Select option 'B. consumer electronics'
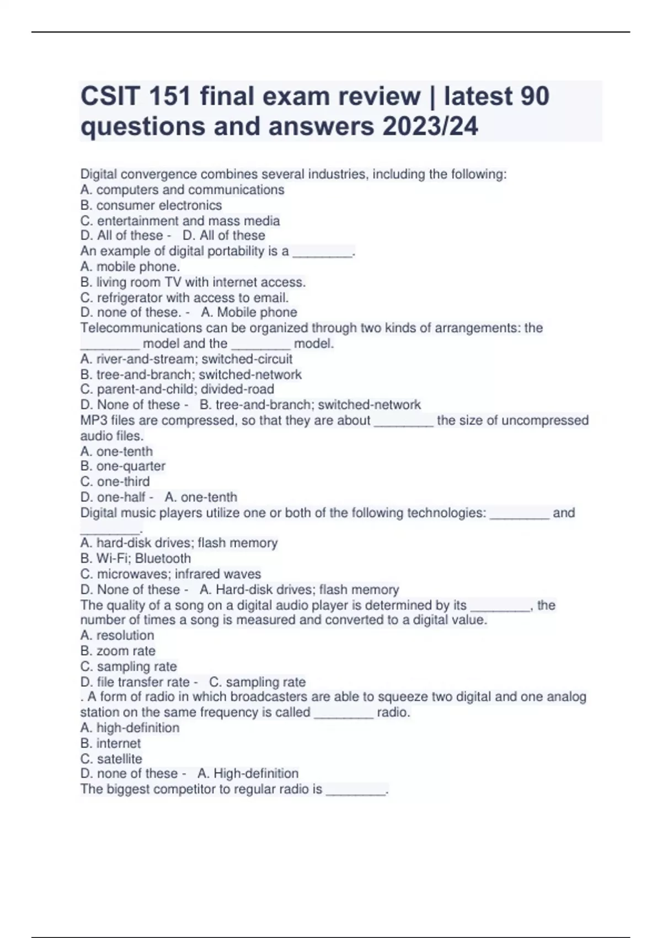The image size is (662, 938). pyautogui.click(x=151, y=205)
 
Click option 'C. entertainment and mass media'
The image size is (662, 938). pyautogui.click(x=180, y=221)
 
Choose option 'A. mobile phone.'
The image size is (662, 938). pyautogui.click(x=130, y=267)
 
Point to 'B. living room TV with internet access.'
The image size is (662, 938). pyautogui.click(x=193, y=282)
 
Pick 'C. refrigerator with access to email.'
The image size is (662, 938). pyautogui.click(x=184, y=298)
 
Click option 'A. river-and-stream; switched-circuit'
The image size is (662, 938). pyautogui.click(x=186, y=359)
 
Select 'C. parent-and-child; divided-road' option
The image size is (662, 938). pyautogui.click(x=177, y=389)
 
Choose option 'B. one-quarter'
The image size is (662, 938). pyautogui.click(x=122, y=466)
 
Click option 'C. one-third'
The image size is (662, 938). pyautogui.click(x=115, y=481)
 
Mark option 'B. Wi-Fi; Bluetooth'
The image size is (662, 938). pyautogui.click(x=136, y=558)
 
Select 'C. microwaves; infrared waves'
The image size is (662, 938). pyautogui.click(x=170, y=574)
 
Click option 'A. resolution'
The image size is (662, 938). pyautogui.click(x=117, y=635)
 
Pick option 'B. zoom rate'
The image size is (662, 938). pyautogui.click(x=118, y=651)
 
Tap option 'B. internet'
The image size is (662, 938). pyautogui.click(x=110, y=743)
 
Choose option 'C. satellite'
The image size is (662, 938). pyautogui.click(x=111, y=759)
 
